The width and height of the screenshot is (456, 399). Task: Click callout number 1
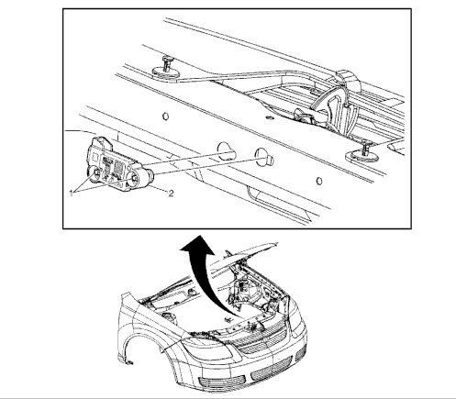[x=72, y=194]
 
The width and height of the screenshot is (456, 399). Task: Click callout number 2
[x=171, y=194]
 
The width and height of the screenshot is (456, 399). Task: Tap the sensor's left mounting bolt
[x=96, y=174]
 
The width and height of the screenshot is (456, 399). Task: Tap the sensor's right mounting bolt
[x=134, y=180]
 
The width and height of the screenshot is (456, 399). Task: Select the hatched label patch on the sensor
[x=117, y=168]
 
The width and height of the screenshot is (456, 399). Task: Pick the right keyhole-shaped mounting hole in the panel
[x=264, y=158]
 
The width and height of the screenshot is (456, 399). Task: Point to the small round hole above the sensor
[x=165, y=116]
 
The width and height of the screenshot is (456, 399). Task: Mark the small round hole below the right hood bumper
[x=318, y=181]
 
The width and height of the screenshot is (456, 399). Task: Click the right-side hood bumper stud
[x=363, y=153]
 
